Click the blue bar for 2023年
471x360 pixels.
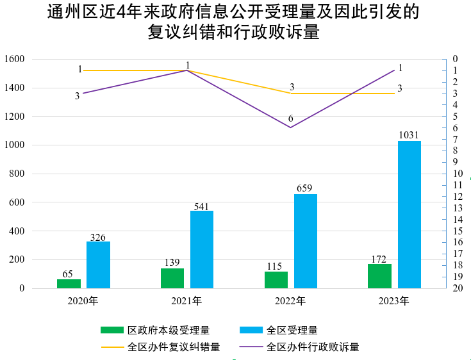click(x=409, y=215)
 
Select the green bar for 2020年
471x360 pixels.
click(x=69, y=283)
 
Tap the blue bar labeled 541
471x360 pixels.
click(x=202, y=249)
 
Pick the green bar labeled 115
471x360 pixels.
click(x=276, y=280)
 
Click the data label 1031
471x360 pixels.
click(x=408, y=135)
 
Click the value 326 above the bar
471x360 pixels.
click(x=98, y=237)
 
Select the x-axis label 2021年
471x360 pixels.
click(x=186, y=300)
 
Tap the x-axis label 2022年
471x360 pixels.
click(x=290, y=300)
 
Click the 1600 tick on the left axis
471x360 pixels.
click(x=13, y=59)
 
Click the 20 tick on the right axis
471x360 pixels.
click(x=458, y=288)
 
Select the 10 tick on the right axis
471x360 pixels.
click(x=458, y=174)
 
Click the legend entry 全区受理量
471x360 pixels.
click(x=292, y=331)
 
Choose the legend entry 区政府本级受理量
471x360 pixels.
click(x=169, y=331)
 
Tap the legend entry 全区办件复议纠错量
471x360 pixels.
click(x=174, y=347)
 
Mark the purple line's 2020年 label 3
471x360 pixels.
click(x=77, y=96)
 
